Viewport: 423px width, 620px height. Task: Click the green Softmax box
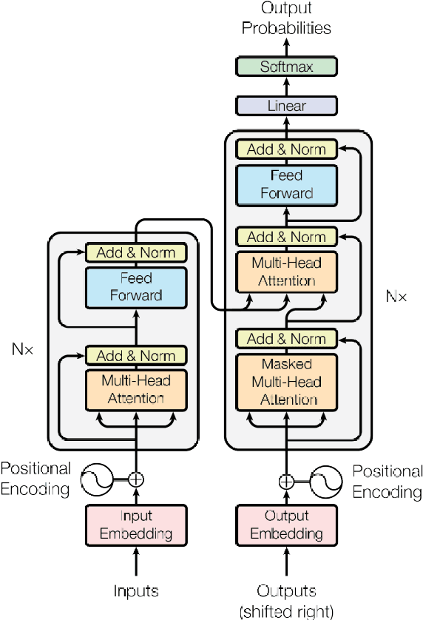(x=286, y=67)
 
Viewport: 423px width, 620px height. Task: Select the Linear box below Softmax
(x=286, y=107)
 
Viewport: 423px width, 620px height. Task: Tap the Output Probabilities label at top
(x=286, y=19)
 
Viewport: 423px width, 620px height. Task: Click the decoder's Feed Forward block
(x=286, y=184)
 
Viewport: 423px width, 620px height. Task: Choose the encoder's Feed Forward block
(x=136, y=287)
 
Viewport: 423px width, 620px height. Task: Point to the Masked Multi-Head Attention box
(x=286, y=382)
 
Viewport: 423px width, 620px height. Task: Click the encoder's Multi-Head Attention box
(x=136, y=389)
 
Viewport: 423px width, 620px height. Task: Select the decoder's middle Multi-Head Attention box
(x=286, y=272)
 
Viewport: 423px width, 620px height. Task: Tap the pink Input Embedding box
(x=136, y=524)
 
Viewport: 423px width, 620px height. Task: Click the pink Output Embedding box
(x=286, y=524)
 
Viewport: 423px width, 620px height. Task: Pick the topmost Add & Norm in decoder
(x=286, y=149)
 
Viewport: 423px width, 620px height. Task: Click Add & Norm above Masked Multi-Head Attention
(x=286, y=339)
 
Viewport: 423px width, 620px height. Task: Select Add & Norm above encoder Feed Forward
(x=136, y=252)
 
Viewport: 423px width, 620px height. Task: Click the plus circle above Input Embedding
(x=136, y=479)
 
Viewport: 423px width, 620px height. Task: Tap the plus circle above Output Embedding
(x=286, y=482)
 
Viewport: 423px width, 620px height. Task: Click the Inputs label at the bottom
(x=136, y=590)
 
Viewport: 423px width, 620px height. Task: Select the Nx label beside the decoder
(x=396, y=296)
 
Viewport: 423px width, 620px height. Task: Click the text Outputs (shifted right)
(x=286, y=601)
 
